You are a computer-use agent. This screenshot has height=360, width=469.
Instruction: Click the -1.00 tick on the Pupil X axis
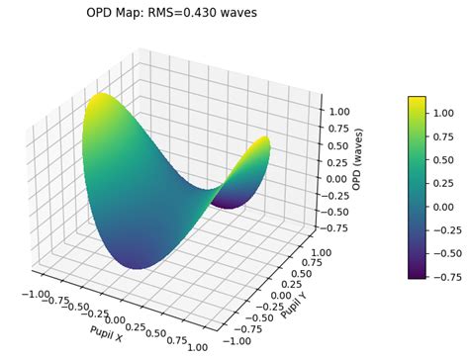(35, 294)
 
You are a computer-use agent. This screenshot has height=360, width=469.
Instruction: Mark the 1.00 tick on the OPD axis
(339, 112)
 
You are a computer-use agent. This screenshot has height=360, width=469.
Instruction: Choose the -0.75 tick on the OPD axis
(335, 228)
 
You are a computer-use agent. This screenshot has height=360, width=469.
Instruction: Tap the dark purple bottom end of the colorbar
(417, 277)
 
